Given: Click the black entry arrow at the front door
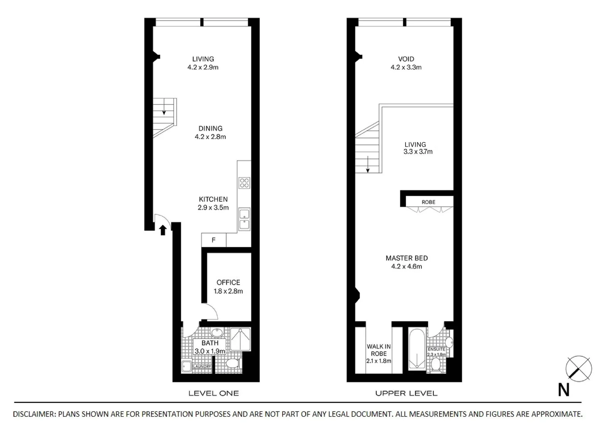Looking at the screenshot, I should [x=162, y=230].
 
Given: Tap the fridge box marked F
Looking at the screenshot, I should [x=214, y=240].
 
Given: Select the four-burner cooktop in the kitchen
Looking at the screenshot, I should [x=244, y=183].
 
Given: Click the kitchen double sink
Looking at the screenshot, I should [x=244, y=219].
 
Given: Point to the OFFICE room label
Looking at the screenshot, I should [x=228, y=282].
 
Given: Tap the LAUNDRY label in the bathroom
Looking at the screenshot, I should [x=202, y=367].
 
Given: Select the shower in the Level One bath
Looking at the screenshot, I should [x=240, y=339].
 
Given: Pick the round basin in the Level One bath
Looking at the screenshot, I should [x=217, y=333].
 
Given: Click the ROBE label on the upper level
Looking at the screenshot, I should [x=428, y=202].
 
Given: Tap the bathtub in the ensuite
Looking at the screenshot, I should [x=417, y=350].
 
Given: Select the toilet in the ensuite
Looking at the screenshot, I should [x=436, y=364].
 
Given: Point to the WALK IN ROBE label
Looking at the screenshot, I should [x=378, y=350].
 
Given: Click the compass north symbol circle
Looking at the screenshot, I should [x=579, y=368].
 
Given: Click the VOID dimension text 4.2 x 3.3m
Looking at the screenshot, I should [x=406, y=68].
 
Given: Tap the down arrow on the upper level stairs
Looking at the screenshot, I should [x=368, y=164].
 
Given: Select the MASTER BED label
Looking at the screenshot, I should [x=406, y=258].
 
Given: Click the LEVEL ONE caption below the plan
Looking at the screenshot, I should [x=213, y=393].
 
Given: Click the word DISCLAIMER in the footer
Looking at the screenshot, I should [x=34, y=414].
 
